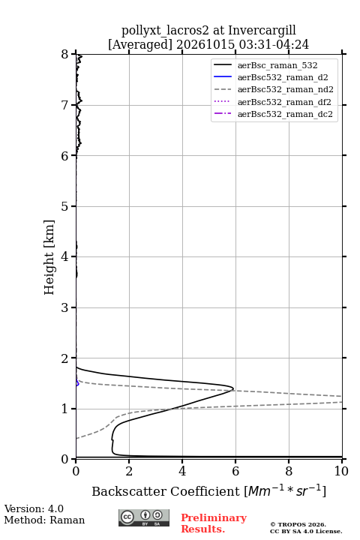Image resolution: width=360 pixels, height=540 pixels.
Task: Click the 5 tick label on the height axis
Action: [x=64, y=206]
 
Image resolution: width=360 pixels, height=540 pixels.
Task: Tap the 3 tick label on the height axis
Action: [x=64, y=307]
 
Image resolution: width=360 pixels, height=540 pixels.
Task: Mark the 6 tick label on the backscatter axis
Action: [x=235, y=471]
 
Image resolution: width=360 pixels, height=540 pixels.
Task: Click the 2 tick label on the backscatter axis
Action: [x=129, y=471]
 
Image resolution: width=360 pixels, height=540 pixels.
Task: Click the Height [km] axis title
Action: [x=49, y=257]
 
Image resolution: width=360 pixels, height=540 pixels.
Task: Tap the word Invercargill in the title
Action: [x=262, y=31]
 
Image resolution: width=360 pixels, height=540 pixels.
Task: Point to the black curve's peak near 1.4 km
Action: [x=233, y=388]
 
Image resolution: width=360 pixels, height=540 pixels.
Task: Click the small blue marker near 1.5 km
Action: [x=77, y=383]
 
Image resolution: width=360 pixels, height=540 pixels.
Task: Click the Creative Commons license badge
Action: [x=144, y=517]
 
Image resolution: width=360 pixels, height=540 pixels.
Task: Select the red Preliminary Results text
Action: [x=214, y=523]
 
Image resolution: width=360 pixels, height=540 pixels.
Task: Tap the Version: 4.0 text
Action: [x=34, y=508]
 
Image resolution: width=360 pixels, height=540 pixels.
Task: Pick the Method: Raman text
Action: [x=44, y=520]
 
